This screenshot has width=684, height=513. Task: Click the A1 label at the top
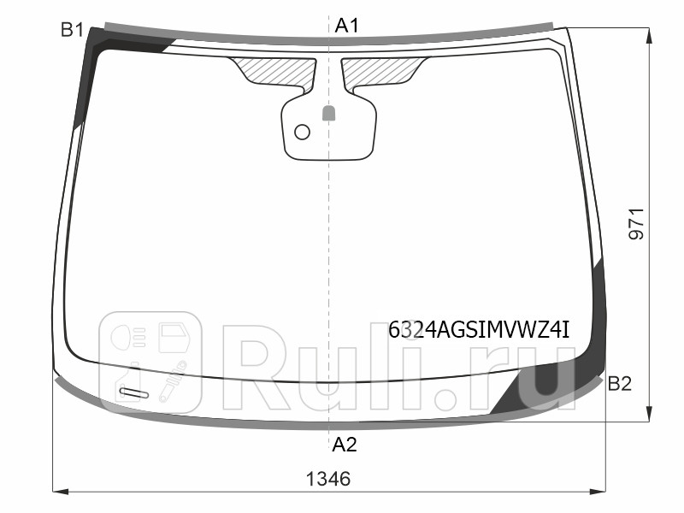[x=346, y=26]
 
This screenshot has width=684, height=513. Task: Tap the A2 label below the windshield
[x=345, y=445]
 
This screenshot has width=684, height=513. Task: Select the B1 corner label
[x=72, y=31]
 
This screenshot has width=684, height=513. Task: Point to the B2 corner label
[x=620, y=385]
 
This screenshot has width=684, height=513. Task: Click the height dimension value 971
[x=638, y=224]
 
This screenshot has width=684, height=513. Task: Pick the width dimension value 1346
[x=329, y=479]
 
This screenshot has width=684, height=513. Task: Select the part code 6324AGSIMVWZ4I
[x=479, y=330]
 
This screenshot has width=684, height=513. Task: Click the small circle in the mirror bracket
[x=302, y=132]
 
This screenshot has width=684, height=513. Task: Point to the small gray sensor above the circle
[x=328, y=112]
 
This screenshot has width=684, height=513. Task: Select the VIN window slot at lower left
[x=133, y=393]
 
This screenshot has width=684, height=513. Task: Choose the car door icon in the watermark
[x=176, y=335]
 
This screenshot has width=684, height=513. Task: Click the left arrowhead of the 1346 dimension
[x=58, y=492]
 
